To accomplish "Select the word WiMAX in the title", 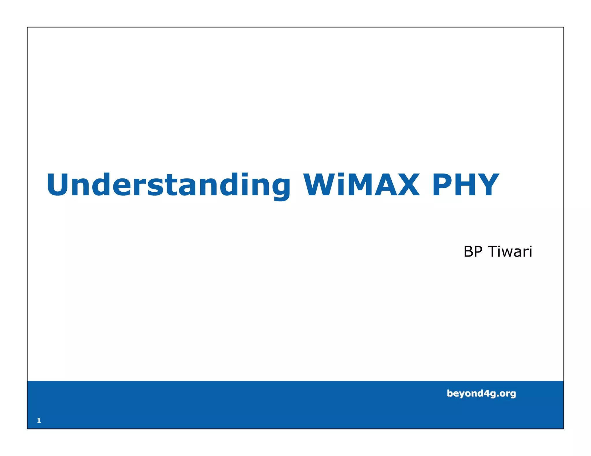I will pyautogui.click(x=361, y=185).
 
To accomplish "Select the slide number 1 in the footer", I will pyautogui.click(x=39, y=421).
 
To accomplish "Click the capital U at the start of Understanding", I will pyautogui.click(x=59, y=185).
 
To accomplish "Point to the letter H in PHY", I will pyautogui.click(x=465, y=185).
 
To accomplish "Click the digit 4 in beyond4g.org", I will pyautogui.click(x=487, y=393).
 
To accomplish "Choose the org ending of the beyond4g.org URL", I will pyautogui.click(x=508, y=394).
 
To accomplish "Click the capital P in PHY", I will pyautogui.click(x=443, y=185).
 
